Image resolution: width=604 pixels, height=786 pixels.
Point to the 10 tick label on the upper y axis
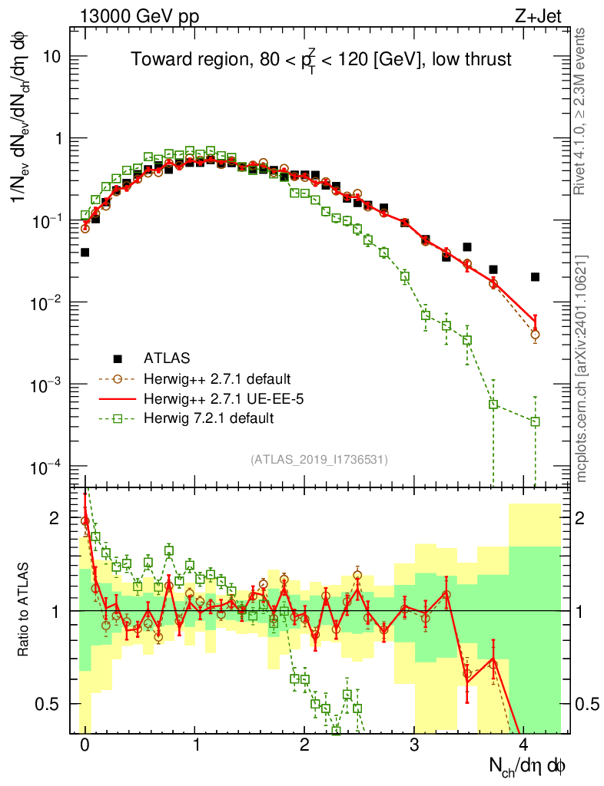(51, 58)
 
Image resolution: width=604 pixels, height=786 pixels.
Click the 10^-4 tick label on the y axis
(48, 467)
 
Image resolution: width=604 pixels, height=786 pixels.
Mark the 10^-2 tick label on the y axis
(48, 303)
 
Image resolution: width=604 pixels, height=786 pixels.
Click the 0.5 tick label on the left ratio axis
(48, 704)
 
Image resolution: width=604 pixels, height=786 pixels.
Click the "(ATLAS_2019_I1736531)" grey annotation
(320, 460)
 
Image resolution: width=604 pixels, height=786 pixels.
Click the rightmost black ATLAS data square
(535, 277)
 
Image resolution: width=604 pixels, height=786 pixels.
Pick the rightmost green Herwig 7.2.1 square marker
(535, 421)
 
